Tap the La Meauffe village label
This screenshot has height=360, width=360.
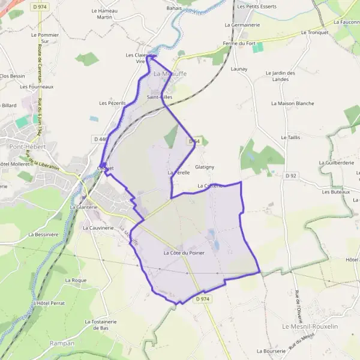click(x=170, y=74)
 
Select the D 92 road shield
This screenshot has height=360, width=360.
click(x=291, y=175)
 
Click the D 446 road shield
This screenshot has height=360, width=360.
click(x=100, y=139)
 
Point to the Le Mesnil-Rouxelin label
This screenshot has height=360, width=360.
click(x=310, y=326)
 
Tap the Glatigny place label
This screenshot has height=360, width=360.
click(x=205, y=167)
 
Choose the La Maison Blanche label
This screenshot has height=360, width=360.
click(x=292, y=103)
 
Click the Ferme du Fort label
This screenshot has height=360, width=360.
click(x=239, y=43)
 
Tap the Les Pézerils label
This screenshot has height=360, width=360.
click(x=112, y=103)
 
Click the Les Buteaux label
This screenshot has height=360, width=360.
click(x=335, y=192)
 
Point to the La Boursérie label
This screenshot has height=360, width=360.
click(x=269, y=351)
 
